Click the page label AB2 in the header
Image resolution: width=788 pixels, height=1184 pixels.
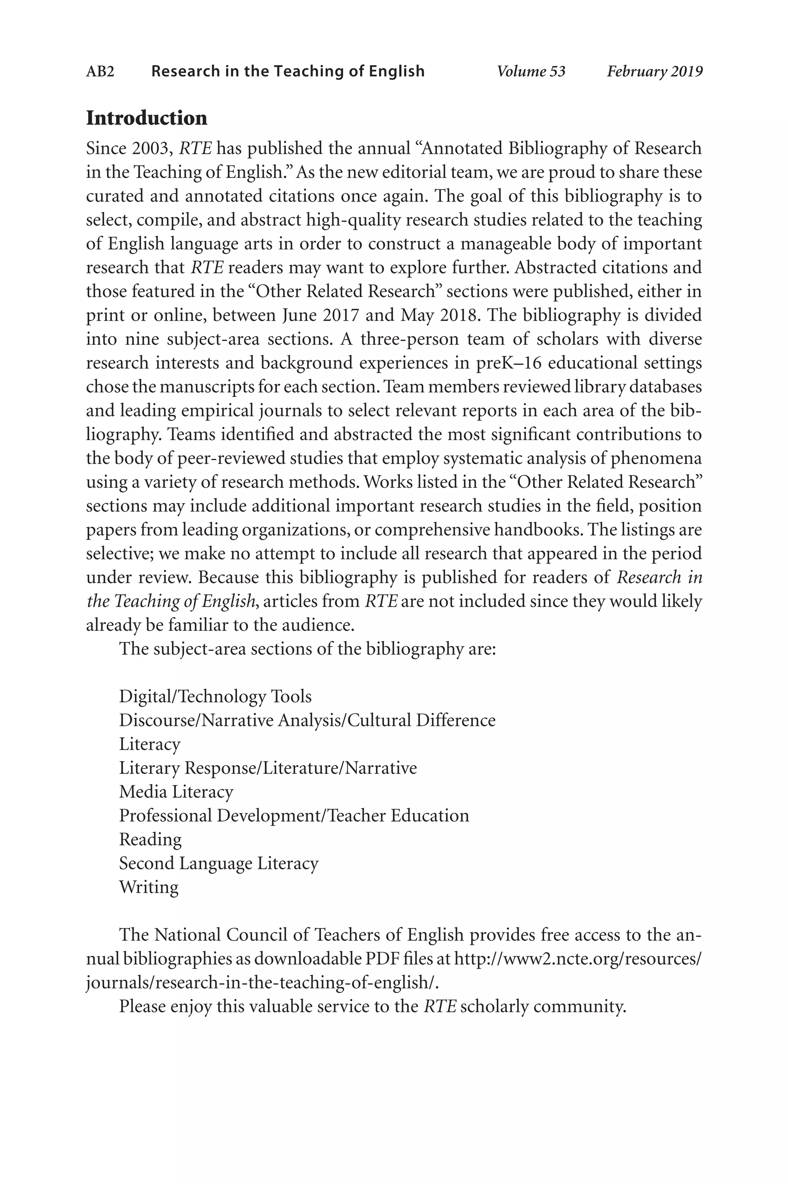pos(100,71)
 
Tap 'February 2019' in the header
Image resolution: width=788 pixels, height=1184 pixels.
pos(654,71)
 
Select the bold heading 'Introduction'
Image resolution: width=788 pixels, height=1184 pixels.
pos(146,118)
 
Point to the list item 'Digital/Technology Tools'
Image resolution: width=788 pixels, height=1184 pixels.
pos(215,696)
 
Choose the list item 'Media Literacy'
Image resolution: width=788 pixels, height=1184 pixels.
pos(176,792)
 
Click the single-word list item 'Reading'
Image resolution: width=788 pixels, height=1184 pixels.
pos(150,839)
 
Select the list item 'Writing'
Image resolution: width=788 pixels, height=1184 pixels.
pos(149,887)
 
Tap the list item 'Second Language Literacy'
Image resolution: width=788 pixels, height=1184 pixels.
pos(219,863)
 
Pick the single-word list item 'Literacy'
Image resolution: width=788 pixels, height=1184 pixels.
pos(150,744)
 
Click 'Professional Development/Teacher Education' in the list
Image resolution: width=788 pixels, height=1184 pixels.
pos(294,815)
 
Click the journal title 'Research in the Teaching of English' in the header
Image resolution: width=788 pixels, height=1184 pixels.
pos(288,71)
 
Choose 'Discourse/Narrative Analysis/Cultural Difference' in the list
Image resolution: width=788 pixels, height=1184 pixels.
pos(307,720)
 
